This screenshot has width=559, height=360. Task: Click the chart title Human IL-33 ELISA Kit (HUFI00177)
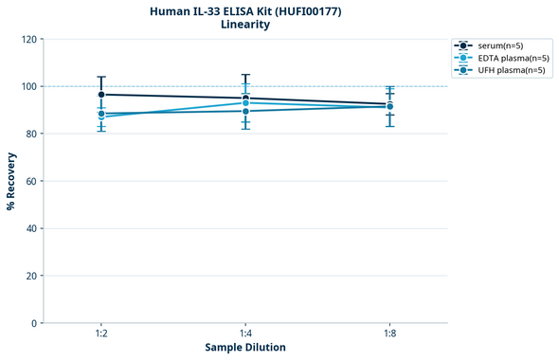pyautogui.click(x=245, y=11)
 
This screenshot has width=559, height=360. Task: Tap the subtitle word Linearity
pyautogui.click(x=245, y=25)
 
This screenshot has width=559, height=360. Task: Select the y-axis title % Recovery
pyautogui.click(x=11, y=180)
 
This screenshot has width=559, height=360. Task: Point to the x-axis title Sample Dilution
pyautogui.click(x=245, y=348)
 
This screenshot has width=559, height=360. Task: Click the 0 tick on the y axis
pyautogui.click(x=33, y=323)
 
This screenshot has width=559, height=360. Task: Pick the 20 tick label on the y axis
pyautogui.click(x=30, y=276)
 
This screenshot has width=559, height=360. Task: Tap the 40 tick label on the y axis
pyautogui.click(x=30, y=228)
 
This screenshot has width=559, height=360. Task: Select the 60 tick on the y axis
pyautogui.click(x=30, y=181)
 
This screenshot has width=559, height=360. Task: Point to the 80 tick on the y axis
pyautogui.click(x=30, y=134)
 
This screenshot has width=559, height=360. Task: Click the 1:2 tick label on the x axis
pyautogui.click(x=100, y=333)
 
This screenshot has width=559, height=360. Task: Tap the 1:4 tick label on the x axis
pyautogui.click(x=245, y=333)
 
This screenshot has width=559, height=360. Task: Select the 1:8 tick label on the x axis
pyautogui.click(x=389, y=333)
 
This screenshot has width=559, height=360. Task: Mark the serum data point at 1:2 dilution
pyautogui.click(x=101, y=95)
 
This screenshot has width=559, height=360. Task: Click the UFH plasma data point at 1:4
pyautogui.click(x=245, y=111)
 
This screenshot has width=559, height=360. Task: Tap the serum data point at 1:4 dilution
pyautogui.click(x=245, y=99)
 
